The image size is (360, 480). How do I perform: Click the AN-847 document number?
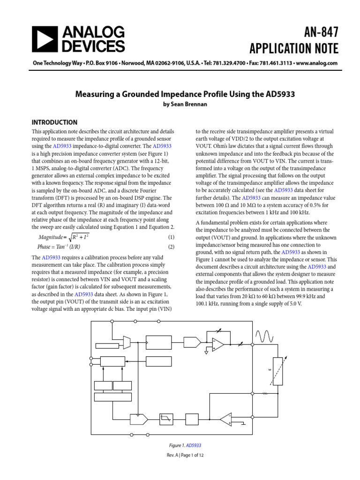316,32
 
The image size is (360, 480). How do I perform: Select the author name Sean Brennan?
185,105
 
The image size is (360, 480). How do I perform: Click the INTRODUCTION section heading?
54,122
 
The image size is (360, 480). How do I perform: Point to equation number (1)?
171,238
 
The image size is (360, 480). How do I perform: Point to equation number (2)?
171,247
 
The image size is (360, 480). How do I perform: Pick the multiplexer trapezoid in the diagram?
127,343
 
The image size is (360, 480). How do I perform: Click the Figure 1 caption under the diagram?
185,445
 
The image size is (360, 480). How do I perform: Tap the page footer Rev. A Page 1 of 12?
185,455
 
